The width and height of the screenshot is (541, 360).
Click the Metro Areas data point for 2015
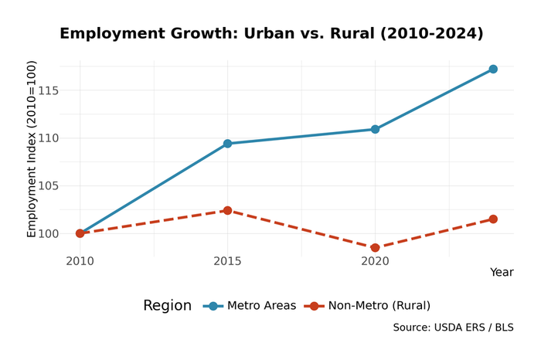coord(227,144)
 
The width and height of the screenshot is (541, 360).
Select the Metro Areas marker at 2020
coord(375,129)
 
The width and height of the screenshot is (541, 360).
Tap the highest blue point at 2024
coord(493,70)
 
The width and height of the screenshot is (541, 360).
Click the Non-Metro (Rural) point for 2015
coord(227,210)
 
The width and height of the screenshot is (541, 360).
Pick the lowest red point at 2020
coord(375,248)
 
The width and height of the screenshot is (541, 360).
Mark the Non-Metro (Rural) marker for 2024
coord(493,219)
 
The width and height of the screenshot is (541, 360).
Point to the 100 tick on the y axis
coord(48,233)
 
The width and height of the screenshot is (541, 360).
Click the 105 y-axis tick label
coord(48,185)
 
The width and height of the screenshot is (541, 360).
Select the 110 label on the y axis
coord(48,138)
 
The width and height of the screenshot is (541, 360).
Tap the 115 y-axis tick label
coord(48,90)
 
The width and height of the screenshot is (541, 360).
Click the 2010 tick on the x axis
coord(80,262)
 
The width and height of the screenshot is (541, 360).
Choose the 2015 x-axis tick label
coord(227,262)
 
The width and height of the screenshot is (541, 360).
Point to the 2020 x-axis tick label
coord(375,262)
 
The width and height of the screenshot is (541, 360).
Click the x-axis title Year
coord(501,273)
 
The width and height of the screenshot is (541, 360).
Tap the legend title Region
coord(167,306)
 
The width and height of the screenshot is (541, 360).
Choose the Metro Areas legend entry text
coord(261,306)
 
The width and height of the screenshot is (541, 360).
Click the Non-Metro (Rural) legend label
coord(379,306)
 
